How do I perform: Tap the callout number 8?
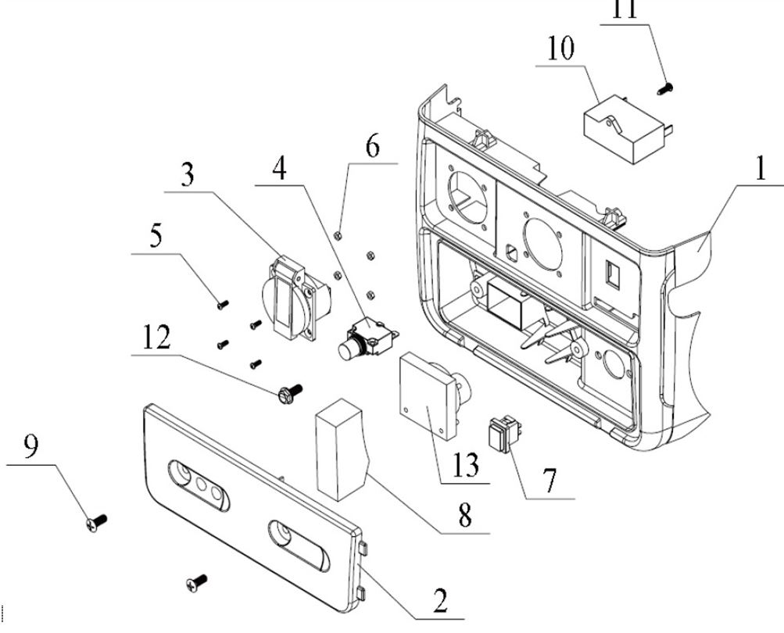465,517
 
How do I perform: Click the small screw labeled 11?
667,88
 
